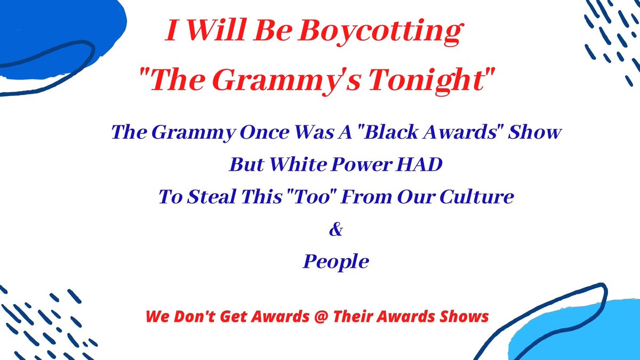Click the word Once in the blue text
click(x=265, y=133)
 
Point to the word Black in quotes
click(x=391, y=132)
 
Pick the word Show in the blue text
click(x=534, y=132)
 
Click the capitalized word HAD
click(x=419, y=165)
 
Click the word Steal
click(x=212, y=197)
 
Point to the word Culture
click(x=477, y=197)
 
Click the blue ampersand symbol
click(x=336, y=229)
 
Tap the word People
click(x=336, y=262)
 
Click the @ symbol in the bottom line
click(x=321, y=317)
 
